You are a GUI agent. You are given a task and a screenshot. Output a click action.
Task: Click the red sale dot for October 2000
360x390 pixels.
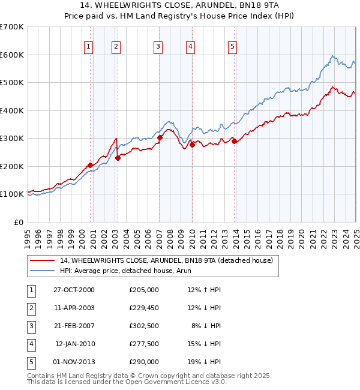pos(90,165)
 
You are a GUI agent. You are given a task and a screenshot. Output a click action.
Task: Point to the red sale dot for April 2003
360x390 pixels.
pos(118,158)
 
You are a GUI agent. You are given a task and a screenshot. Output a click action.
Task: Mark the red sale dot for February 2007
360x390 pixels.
pos(160,137)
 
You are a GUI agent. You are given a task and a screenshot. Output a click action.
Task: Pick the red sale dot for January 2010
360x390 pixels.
pos(192,145)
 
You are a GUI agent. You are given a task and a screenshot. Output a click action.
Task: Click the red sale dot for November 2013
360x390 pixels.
pos(234,141)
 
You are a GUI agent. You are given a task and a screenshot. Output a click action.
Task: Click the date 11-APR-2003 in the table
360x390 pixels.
pos(74,308)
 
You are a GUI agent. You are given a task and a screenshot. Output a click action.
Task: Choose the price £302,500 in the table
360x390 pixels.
pos(144,326)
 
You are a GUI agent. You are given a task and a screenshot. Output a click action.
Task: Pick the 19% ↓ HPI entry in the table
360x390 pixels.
pos(205,362)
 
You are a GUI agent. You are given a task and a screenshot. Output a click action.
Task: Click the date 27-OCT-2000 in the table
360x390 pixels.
pos(74,290)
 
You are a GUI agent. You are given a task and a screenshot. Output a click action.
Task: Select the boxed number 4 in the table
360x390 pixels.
pos(31,344)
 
